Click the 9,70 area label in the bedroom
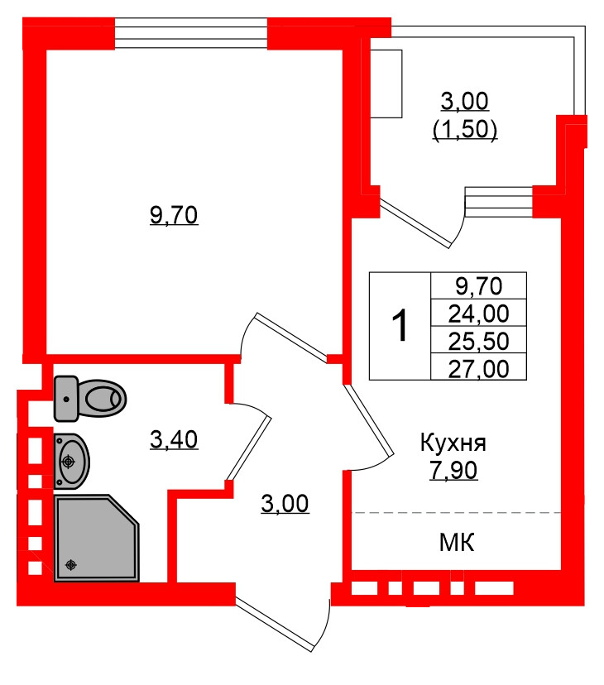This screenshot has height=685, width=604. [x=173, y=217]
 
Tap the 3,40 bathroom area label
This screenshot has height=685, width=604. [x=174, y=440]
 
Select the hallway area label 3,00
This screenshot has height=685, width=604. [x=285, y=503]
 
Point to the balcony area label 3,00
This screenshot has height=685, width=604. [x=465, y=102]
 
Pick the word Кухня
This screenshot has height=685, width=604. [x=453, y=443]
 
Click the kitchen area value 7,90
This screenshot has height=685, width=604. [x=453, y=471]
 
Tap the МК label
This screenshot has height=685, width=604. [x=456, y=544]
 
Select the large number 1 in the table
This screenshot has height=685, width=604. [x=400, y=326]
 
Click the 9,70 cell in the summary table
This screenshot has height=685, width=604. [x=479, y=286]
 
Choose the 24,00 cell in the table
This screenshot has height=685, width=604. [x=479, y=313]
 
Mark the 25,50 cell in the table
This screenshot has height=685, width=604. [x=479, y=339]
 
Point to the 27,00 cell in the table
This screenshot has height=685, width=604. [x=479, y=366]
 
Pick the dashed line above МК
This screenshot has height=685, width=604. [x=457, y=513]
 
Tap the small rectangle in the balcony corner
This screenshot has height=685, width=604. [x=386, y=82]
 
